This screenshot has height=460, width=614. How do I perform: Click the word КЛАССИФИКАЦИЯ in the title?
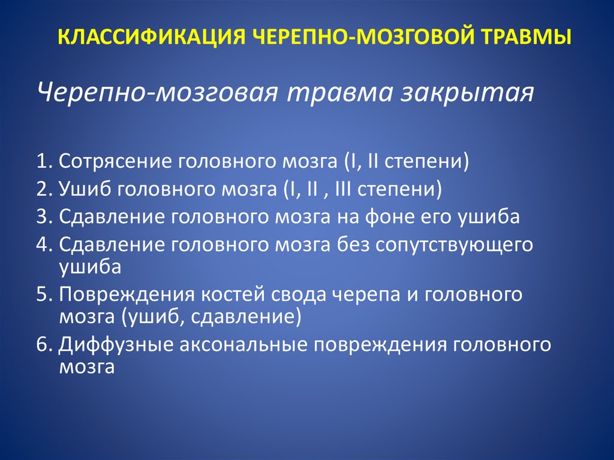(152, 38)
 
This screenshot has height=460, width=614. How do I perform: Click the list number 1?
(44, 161)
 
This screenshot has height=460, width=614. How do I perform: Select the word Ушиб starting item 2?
(85, 190)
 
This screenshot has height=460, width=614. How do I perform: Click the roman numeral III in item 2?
(344, 189)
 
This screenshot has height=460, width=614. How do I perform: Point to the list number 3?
(44, 217)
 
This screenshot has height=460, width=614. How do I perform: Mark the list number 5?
(44, 294)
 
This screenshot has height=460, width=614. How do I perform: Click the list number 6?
(44, 345)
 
